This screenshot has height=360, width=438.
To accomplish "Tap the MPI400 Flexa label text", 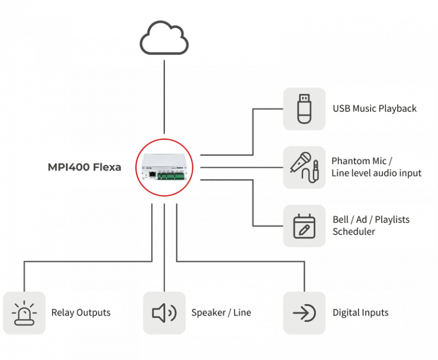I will [84, 168].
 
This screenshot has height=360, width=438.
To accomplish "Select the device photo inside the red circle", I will [164, 167].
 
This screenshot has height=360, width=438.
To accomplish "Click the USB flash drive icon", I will [304, 108].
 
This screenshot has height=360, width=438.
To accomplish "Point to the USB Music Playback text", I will [374, 108].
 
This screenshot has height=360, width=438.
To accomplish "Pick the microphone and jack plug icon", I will [304, 167].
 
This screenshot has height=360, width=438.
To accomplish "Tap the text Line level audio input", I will [376, 173].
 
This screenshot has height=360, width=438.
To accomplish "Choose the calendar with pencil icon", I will [304, 226].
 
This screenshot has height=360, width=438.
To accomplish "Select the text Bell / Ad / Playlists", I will [371, 220].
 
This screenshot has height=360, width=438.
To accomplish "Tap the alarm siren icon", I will [23, 313].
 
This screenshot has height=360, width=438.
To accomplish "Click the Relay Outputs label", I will [80, 313].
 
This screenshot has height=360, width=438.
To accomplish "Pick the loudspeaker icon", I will [164, 313].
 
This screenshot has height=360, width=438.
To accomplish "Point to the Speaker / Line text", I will [221, 313].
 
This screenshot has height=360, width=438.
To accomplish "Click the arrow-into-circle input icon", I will [304, 313].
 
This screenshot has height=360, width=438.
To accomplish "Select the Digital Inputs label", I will [360, 313].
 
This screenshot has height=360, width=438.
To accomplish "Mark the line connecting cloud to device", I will [164, 97].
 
